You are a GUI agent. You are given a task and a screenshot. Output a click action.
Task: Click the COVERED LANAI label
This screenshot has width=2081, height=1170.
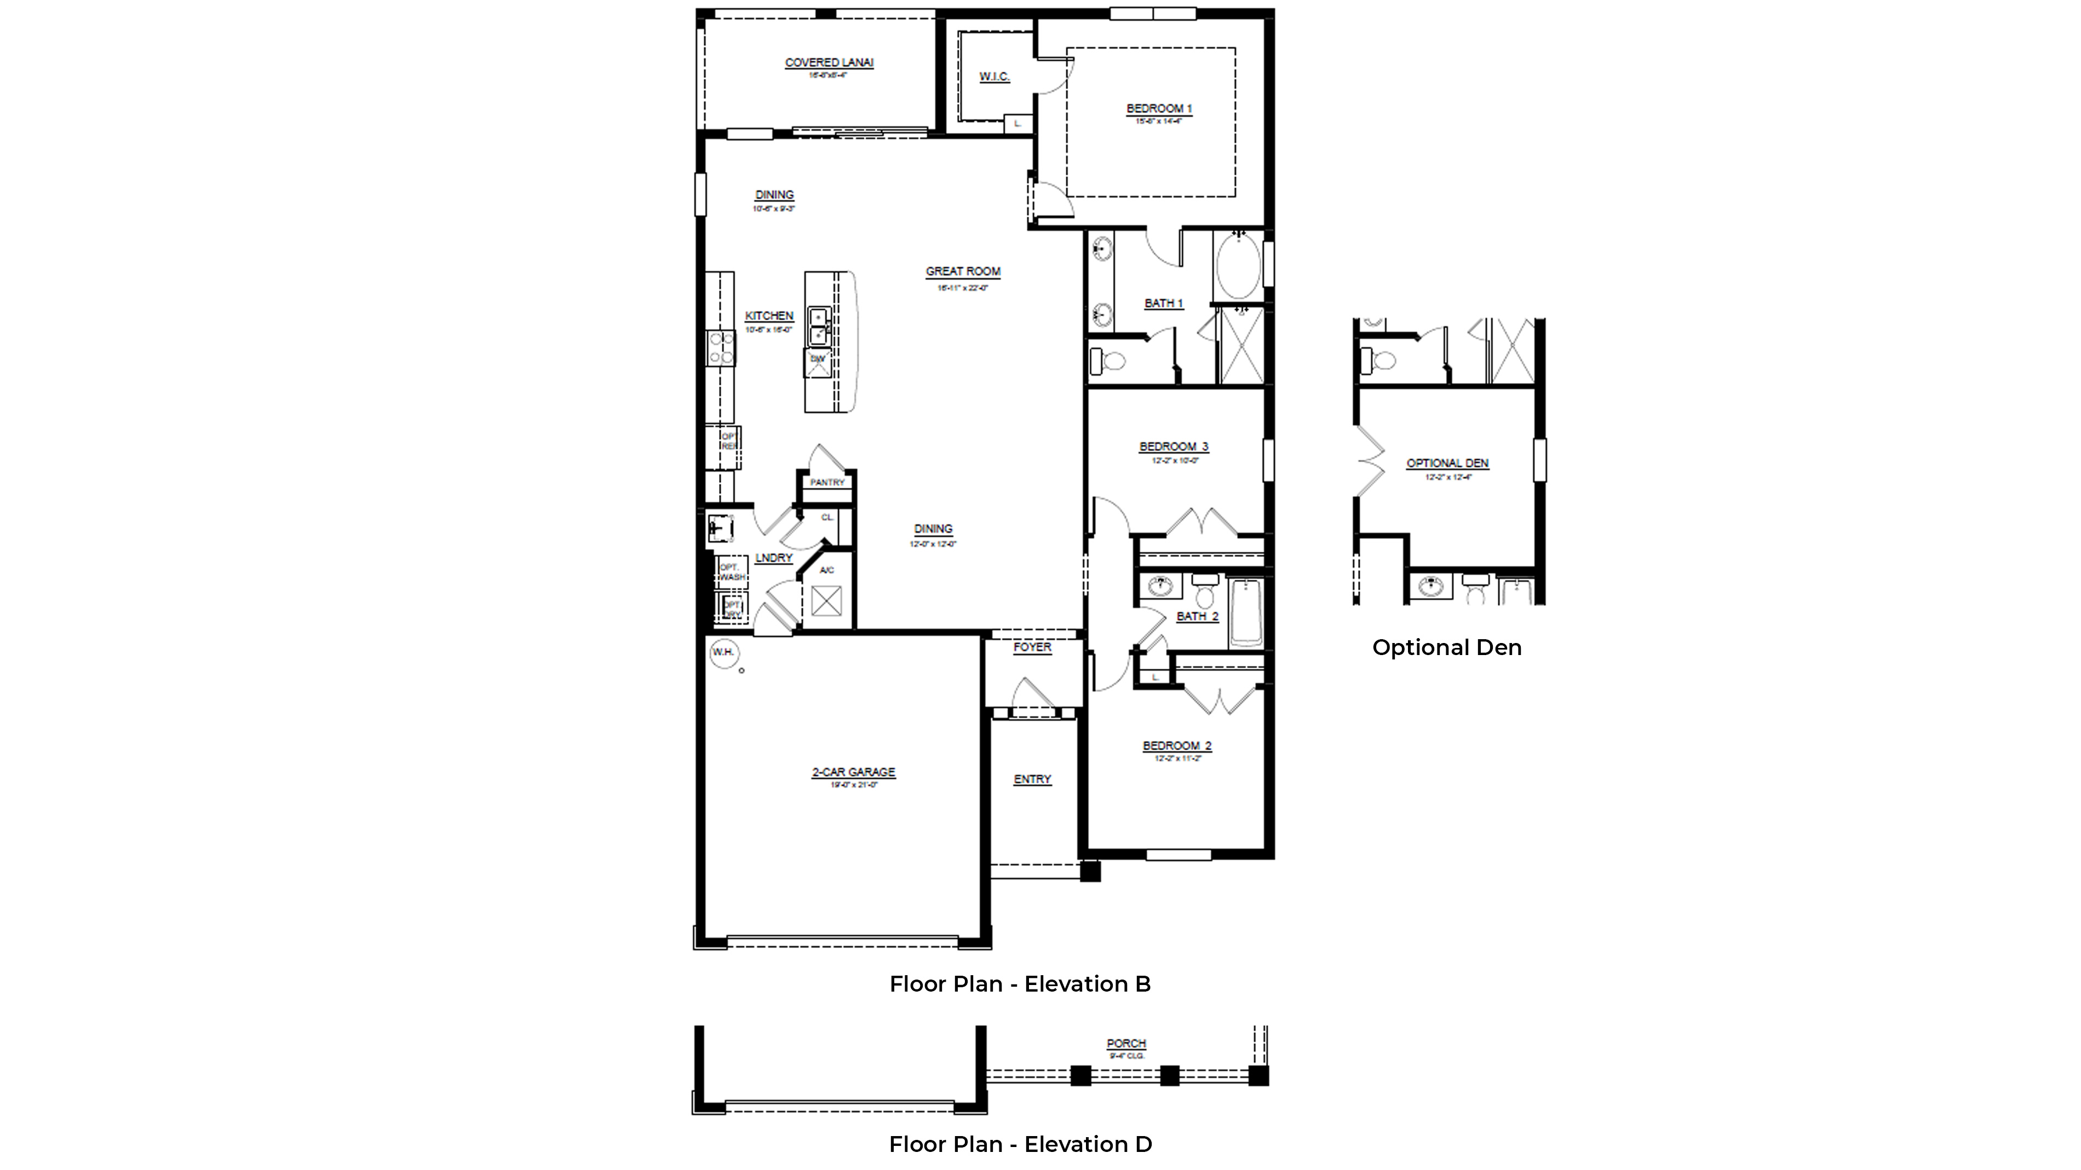pos(829,62)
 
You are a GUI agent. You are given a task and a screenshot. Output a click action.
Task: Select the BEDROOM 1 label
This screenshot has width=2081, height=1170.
pos(1159,108)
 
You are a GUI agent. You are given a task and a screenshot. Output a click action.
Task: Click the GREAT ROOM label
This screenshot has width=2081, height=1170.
pos(963,272)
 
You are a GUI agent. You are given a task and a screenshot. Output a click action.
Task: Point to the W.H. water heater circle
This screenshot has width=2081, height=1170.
pos(723,652)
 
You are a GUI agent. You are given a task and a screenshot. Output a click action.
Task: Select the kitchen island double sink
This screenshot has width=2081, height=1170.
pos(818,326)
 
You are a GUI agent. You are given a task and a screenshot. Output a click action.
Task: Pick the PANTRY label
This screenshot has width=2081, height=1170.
pos(827,482)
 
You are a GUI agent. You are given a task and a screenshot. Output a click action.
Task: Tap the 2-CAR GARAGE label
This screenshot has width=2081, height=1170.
pos(853,773)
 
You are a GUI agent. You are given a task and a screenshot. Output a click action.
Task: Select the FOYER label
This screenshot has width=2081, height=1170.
pos(1032,647)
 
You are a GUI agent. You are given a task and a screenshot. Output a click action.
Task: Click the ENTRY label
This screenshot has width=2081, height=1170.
pos(1032,779)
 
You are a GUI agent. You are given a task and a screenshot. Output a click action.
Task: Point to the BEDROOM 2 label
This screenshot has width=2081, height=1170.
pos(1177,746)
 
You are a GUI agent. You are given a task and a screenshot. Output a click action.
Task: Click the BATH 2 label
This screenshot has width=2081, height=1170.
pos(1197,616)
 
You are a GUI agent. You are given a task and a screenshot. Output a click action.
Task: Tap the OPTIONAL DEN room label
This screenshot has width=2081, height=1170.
pos(1447,464)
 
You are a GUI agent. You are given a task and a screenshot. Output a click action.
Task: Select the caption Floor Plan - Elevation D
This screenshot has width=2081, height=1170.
pos(1020,1144)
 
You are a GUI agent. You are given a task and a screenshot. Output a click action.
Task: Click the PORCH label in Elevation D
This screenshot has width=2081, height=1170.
pos(1126,1043)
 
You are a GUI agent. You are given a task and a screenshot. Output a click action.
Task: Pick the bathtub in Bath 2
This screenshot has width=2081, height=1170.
pos(1246,613)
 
